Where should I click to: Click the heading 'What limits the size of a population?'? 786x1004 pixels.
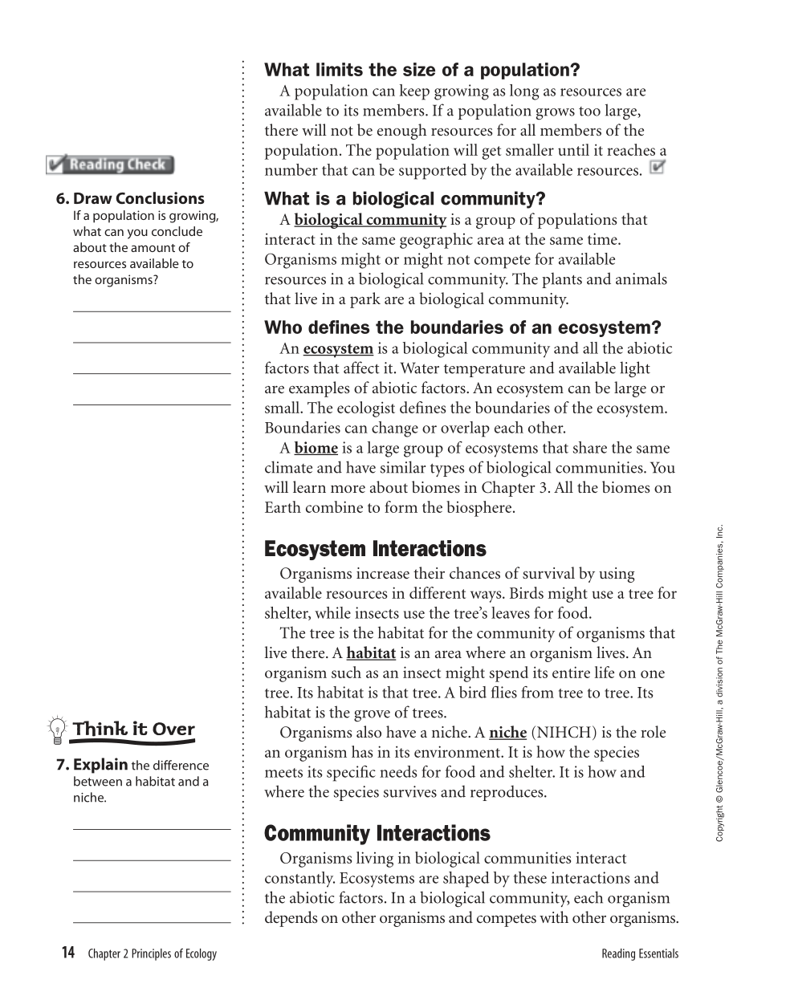(x=422, y=70)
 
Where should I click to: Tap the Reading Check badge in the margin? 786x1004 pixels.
(x=110, y=165)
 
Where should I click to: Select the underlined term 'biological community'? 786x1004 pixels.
(x=369, y=220)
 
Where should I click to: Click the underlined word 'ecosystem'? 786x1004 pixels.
(x=338, y=349)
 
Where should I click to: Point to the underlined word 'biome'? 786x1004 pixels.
(x=316, y=449)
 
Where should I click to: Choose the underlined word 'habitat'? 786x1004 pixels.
(x=371, y=653)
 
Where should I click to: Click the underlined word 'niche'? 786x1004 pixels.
(x=507, y=733)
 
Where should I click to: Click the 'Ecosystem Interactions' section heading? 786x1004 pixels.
(x=375, y=549)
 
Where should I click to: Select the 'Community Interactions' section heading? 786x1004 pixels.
(x=377, y=834)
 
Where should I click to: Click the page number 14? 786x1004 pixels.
(x=67, y=953)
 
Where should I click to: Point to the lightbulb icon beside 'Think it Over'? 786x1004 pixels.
(x=57, y=730)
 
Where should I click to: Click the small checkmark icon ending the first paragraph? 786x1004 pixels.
(x=657, y=168)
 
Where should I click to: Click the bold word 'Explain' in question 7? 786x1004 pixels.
(x=100, y=765)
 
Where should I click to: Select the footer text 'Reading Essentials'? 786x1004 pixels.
(x=639, y=954)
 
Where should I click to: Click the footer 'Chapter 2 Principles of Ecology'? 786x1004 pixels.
(x=152, y=954)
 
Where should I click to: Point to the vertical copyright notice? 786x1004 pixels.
(x=719, y=683)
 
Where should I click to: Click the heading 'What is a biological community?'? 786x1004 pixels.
(x=405, y=199)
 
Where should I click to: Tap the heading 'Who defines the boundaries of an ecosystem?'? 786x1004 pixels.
(x=462, y=328)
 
